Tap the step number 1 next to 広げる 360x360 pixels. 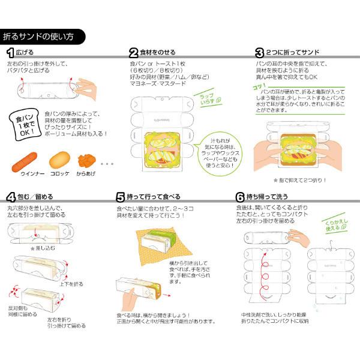(10, 53)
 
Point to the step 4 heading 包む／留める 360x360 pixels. (32, 197)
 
